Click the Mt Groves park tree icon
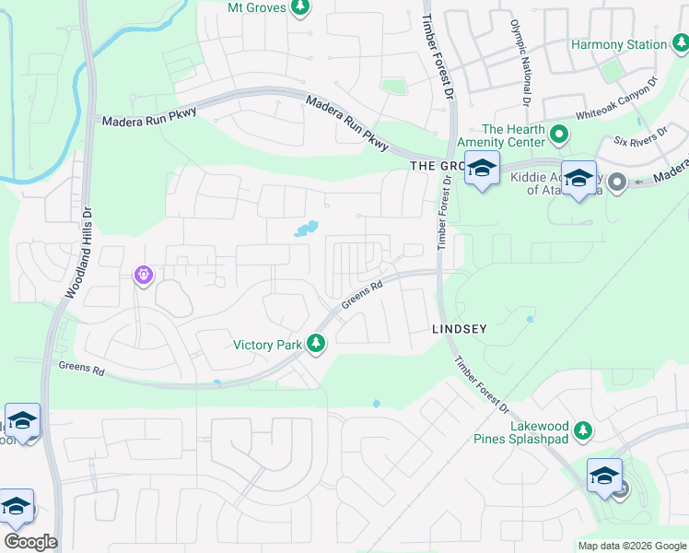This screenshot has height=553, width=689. [299, 7]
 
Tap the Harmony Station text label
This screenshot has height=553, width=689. [618, 44]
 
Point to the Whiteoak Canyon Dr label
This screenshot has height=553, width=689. [615, 102]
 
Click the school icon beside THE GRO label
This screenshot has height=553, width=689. [481, 170]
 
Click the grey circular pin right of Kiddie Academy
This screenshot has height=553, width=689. [617, 182]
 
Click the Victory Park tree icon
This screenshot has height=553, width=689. [316, 345]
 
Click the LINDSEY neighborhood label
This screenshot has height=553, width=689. [459, 328]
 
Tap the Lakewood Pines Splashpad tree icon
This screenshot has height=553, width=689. [582, 429]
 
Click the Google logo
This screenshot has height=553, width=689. [31, 542]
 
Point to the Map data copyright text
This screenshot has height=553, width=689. [632, 546]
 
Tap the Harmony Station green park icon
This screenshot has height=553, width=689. [681, 42]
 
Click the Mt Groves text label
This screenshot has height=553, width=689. [256, 7]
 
